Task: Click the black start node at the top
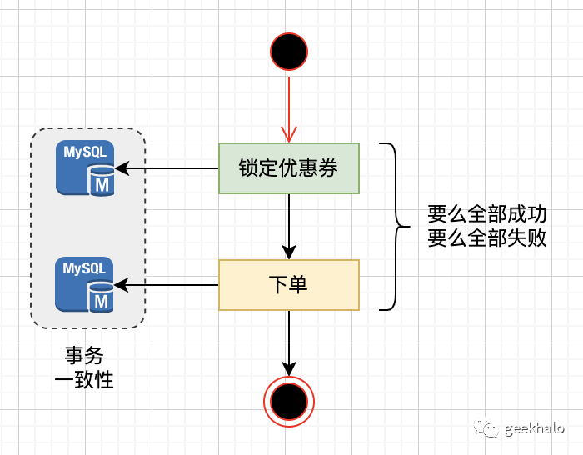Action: (288, 52)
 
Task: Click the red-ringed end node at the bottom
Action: (288, 402)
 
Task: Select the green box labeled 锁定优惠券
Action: (288, 168)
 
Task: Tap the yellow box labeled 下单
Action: (288, 285)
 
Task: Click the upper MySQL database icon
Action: (86, 167)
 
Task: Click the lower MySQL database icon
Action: (86, 284)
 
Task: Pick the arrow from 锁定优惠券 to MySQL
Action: (167, 168)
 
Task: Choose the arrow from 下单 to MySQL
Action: (167, 285)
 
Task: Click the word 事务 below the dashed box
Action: (84, 356)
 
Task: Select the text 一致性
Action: (84, 380)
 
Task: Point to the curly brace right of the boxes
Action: (393, 227)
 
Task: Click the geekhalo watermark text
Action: (534, 428)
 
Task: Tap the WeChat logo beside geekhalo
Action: (486, 428)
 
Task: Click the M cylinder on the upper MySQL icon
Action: (101, 181)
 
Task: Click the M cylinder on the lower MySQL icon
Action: (101, 297)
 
